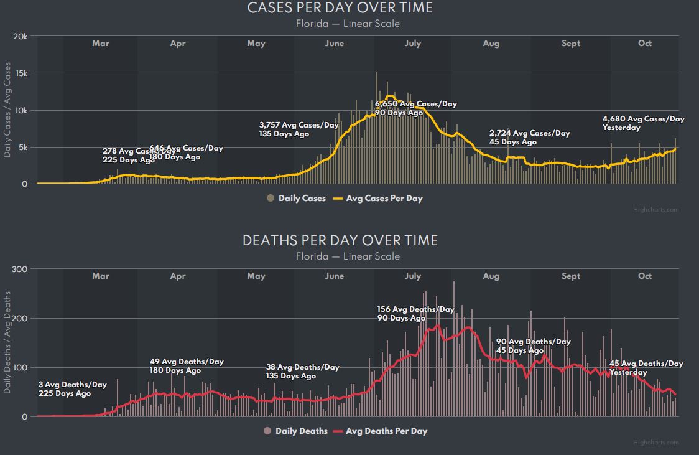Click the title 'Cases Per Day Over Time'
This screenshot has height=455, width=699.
click(340, 8)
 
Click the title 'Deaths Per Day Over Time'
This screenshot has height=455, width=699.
click(340, 241)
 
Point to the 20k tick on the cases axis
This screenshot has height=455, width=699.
click(20, 37)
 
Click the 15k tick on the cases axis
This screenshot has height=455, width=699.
click(21, 73)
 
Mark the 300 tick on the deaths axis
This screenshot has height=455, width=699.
click(20, 269)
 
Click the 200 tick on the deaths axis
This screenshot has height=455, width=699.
click(20, 318)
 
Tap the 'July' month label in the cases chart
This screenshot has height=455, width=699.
click(412, 44)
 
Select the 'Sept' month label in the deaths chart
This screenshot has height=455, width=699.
click(570, 276)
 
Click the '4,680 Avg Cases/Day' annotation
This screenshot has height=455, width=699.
click(643, 119)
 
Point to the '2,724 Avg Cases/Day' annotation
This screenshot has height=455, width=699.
click(529, 133)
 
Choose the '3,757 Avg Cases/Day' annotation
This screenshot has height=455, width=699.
click(299, 125)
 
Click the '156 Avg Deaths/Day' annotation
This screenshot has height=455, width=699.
click(415, 309)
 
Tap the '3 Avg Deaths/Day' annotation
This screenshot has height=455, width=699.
click(72, 385)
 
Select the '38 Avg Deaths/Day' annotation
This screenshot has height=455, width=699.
click(302, 367)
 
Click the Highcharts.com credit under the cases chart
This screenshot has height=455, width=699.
click(655, 210)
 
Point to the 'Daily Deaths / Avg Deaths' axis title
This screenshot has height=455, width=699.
click(8, 343)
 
